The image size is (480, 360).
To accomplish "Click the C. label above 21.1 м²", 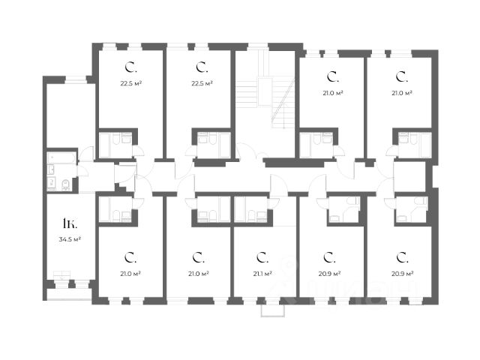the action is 263,258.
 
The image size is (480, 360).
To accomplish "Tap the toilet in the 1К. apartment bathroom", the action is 66,184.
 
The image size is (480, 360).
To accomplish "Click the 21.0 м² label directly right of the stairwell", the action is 333,93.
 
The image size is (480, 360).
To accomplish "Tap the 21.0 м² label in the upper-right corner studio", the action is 402,93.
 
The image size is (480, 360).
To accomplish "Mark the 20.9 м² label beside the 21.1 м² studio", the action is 331,274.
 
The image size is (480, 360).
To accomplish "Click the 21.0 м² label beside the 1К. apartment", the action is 132,274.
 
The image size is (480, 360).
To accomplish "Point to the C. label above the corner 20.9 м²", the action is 401,257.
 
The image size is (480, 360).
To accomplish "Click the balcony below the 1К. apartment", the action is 69,295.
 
